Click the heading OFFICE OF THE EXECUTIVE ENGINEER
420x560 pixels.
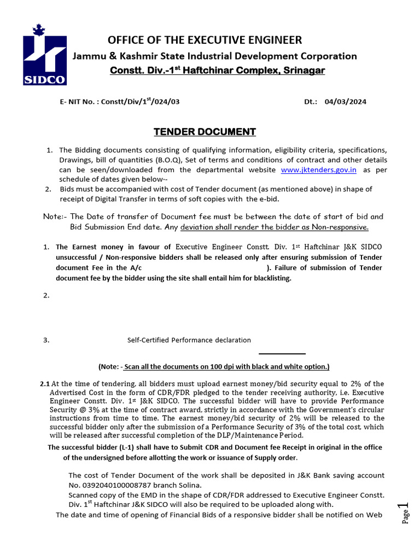click(x=205, y=40)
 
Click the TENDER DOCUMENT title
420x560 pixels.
click(x=204, y=132)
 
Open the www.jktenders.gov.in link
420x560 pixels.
click(x=318, y=170)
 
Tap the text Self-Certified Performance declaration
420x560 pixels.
click(x=189, y=340)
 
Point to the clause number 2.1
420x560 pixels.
click(x=45, y=384)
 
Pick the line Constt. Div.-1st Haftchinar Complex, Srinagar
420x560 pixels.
click(x=217, y=71)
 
